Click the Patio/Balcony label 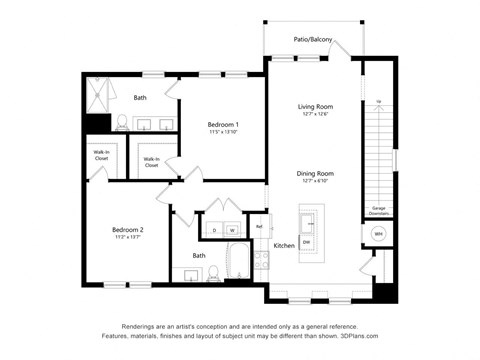pyautogui.click(x=313, y=40)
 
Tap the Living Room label pyautogui.click(x=315, y=105)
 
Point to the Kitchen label pyautogui.click(x=284, y=245)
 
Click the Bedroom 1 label pyautogui.click(x=223, y=125)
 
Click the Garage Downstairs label pyautogui.click(x=379, y=210)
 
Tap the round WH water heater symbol pyautogui.click(x=378, y=233)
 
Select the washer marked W pyautogui.click(x=231, y=230)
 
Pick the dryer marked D pyautogui.click(x=213, y=230)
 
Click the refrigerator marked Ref pyautogui.click(x=259, y=227)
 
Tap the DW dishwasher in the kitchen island pyautogui.click(x=306, y=243)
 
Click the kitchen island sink pyautogui.click(x=308, y=220)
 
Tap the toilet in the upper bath pyautogui.click(x=122, y=123)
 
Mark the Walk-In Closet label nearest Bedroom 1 pyautogui.click(x=152, y=161)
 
